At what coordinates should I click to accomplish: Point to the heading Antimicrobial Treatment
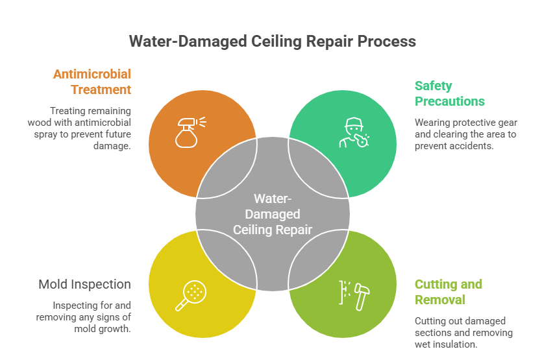(92, 82)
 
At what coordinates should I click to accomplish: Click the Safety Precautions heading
(449, 93)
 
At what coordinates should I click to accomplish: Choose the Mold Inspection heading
(84, 284)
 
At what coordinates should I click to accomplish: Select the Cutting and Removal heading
(448, 292)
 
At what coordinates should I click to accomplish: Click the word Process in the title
(386, 41)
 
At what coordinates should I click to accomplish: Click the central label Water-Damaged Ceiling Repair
(273, 214)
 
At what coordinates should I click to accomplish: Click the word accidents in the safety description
(467, 146)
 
